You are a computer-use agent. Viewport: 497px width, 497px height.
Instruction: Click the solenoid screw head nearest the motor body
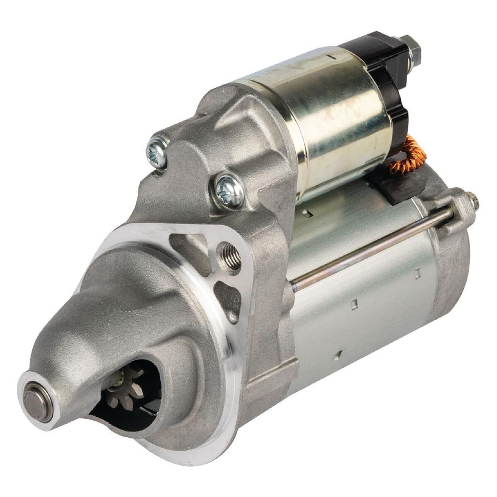(229, 191)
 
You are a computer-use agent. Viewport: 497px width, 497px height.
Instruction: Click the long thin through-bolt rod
(373, 248)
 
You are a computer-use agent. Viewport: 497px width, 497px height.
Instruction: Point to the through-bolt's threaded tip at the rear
(474, 201)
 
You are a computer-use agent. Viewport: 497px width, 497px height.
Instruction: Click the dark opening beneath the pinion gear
(124, 414)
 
